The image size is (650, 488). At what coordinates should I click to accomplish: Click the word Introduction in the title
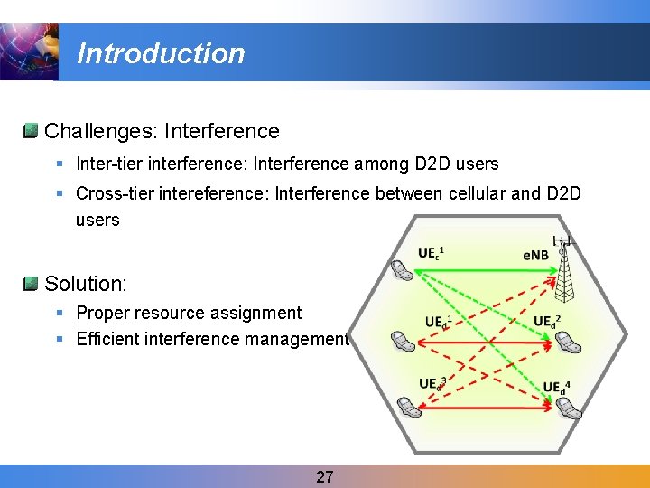(x=161, y=53)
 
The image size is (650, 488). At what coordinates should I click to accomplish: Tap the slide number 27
(x=325, y=476)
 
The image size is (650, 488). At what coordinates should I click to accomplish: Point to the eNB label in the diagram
(x=535, y=255)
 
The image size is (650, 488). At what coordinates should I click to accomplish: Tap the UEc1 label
(x=432, y=253)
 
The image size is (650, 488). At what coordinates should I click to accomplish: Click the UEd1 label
(x=439, y=321)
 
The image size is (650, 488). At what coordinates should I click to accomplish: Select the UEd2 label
(x=548, y=321)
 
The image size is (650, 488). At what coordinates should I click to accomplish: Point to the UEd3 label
(x=432, y=383)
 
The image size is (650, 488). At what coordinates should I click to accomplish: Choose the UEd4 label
(x=556, y=387)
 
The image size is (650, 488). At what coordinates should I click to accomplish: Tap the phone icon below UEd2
(x=568, y=342)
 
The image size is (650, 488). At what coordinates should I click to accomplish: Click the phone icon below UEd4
(x=569, y=407)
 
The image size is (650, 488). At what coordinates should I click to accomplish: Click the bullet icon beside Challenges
(x=31, y=131)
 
